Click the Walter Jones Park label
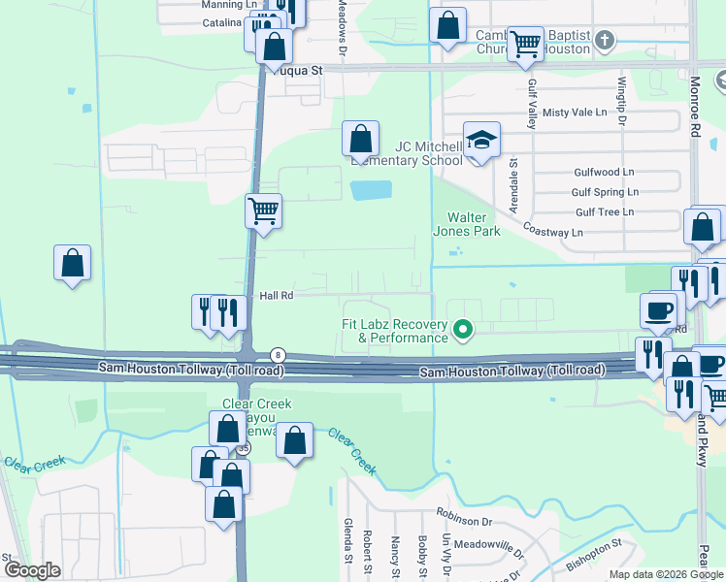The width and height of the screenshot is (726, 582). point(473,224)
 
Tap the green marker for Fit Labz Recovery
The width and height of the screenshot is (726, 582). point(463,330)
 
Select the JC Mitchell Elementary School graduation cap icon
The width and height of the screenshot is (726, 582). point(481,141)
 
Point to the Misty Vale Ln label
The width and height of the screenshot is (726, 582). point(575,113)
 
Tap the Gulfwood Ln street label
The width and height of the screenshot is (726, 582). point(604,172)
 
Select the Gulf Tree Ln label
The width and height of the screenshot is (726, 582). point(604,211)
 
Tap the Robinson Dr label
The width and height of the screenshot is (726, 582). point(465,521)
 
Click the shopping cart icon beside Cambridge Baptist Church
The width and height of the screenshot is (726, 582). point(525,44)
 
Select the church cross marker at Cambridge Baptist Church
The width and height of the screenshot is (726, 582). point(605,41)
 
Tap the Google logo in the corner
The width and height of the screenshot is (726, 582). point(33,570)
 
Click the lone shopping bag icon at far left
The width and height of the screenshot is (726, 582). point(72,262)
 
